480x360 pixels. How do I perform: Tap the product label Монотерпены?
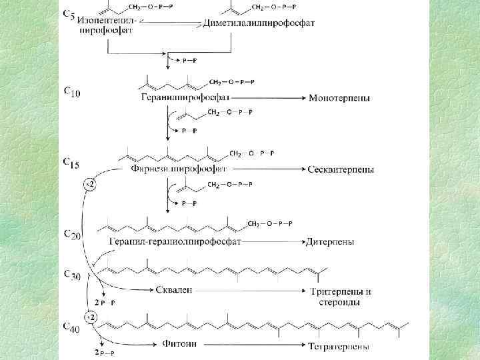(x=339, y=98)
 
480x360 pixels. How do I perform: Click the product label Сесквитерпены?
(x=341, y=169)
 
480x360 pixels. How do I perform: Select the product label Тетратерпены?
(x=340, y=346)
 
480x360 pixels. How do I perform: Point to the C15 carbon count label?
(x=71, y=163)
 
